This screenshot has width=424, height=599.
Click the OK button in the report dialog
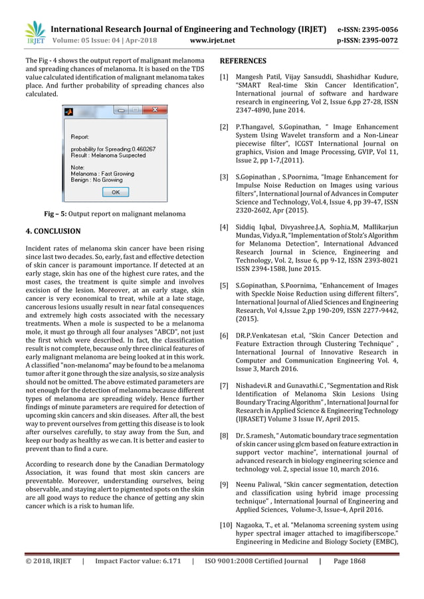pyautogui.click(x=116, y=192)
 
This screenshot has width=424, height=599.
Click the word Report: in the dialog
pyautogui.click(x=80, y=136)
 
